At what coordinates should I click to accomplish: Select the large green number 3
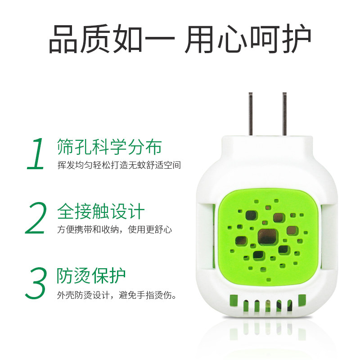[36, 283]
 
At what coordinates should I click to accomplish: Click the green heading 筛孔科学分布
[109, 147]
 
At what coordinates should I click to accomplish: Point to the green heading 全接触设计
[101, 211]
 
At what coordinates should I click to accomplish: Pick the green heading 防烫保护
[91, 276]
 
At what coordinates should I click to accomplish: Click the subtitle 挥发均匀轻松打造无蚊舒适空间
[119, 165]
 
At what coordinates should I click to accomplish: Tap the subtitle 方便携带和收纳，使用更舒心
[114, 230]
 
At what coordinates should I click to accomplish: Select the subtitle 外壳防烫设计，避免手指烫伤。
[117, 296]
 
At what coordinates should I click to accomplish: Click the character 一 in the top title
[161, 40]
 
